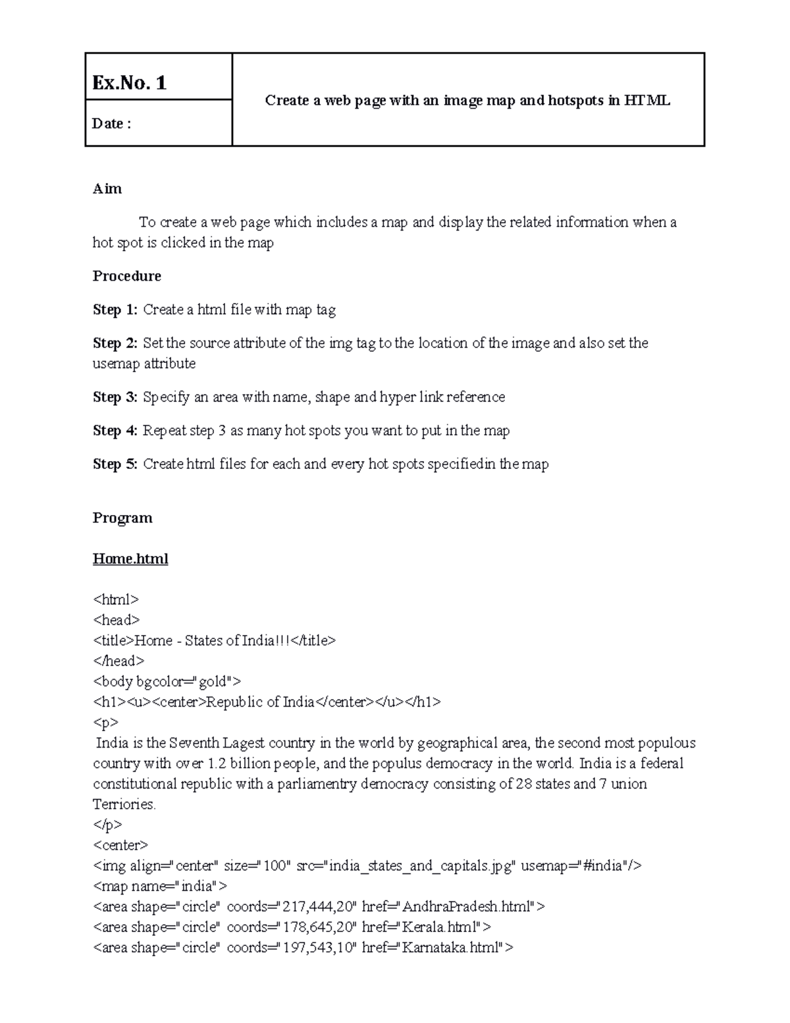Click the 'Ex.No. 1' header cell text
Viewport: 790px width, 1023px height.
click(129, 83)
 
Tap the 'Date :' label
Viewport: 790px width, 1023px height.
click(111, 123)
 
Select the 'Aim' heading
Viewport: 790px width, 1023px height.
click(107, 189)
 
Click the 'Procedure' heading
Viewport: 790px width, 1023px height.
click(126, 276)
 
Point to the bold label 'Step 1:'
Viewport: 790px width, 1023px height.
click(115, 310)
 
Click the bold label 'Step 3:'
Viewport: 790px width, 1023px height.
click(115, 397)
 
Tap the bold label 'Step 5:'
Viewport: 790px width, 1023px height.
click(115, 464)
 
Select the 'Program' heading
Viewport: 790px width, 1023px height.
click(122, 518)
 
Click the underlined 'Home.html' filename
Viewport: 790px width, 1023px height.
click(130, 559)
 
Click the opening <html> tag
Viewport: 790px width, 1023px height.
click(116, 599)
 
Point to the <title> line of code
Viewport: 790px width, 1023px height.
click(214, 640)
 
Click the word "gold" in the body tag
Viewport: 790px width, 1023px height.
click(211, 681)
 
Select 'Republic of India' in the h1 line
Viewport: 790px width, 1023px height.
click(261, 702)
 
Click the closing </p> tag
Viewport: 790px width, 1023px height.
click(107, 825)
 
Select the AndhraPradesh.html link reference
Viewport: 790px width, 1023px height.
click(467, 907)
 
